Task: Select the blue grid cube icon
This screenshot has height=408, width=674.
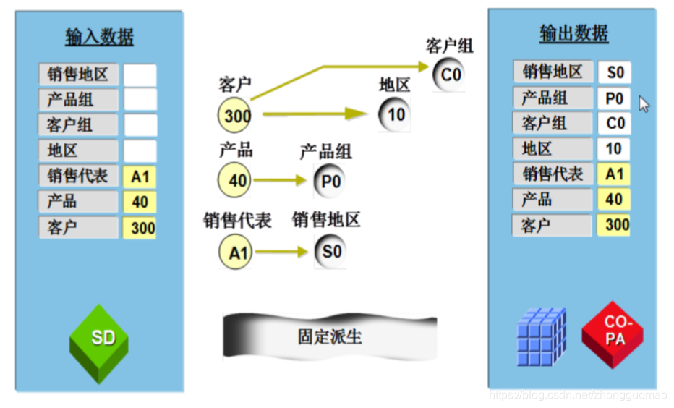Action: pyautogui.click(x=541, y=334)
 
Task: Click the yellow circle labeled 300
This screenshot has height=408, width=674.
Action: pyautogui.click(x=236, y=116)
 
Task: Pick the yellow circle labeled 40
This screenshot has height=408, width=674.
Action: pyautogui.click(x=236, y=180)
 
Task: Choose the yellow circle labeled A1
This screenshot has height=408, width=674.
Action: pyautogui.click(x=236, y=252)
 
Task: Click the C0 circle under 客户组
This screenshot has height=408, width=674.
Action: pyautogui.click(x=450, y=75)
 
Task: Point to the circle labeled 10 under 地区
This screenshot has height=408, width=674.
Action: pyautogui.click(x=394, y=114)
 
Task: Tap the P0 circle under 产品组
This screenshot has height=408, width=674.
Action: pyautogui.click(x=330, y=181)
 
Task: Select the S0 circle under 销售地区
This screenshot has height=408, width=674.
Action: pyautogui.click(x=330, y=252)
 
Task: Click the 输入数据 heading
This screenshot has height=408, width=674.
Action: pyautogui.click(x=99, y=38)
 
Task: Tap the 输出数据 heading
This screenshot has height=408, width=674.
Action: pyautogui.click(x=573, y=33)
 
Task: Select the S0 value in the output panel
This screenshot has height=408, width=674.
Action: pyautogui.click(x=615, y=72)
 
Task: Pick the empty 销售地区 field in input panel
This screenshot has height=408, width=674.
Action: pyautogui.click(x=140, y=75)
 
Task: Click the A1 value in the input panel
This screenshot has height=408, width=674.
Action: pyautogui.click(x=140, y=177)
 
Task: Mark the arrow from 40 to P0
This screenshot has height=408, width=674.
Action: pyautogui.click(x=281, y=181)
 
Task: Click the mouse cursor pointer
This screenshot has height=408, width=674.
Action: pyautogui.click(x=644, y=104)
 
